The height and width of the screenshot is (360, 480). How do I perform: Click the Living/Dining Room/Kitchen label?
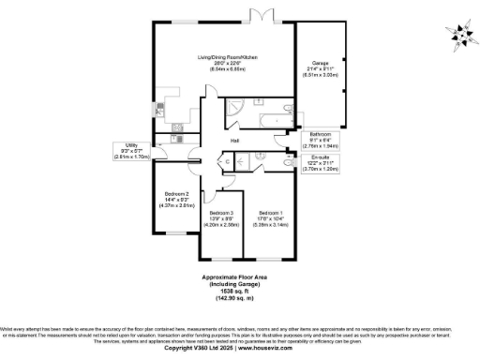[x=226, y=57]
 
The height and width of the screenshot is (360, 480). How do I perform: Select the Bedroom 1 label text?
[x=269, y=212]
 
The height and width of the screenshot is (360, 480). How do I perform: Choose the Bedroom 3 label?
[x=218, y=213]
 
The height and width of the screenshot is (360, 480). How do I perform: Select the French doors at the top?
[x=259, y=18]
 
